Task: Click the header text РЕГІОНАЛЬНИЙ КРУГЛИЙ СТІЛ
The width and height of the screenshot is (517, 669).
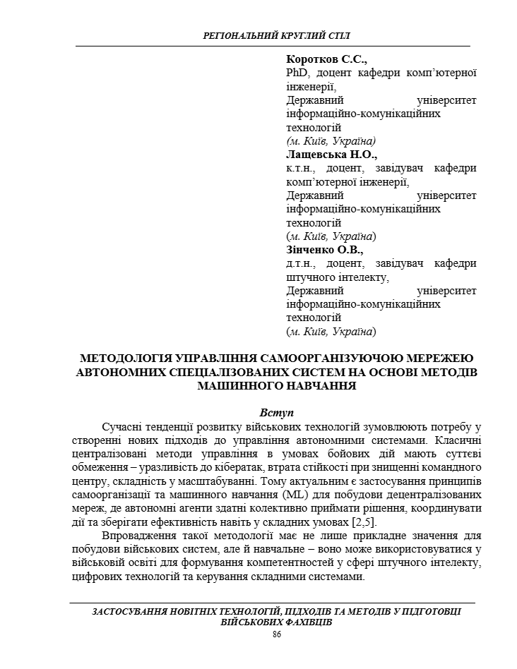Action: point(275,35)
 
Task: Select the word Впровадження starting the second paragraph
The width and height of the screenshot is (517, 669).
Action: point(138,536)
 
